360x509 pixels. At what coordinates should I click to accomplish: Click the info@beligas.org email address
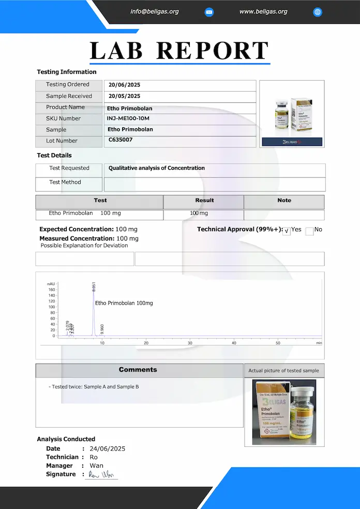(x=155, y=11)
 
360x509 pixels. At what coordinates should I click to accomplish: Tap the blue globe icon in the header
(x=318, y=12)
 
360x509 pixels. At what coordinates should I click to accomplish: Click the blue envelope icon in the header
(x=209, y=12)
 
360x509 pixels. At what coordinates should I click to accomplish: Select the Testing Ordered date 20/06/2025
(x=124, y=85)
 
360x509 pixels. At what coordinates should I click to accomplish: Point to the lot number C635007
(x=121, y=140)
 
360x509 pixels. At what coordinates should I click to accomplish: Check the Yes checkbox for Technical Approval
(x=287, y=231)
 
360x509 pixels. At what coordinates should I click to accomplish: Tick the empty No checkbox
(x=309, y=231)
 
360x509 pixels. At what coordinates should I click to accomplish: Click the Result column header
(x=204, y=200)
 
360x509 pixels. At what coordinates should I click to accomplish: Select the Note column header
(x=284, y=200)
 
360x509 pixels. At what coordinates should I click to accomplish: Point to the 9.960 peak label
(x=102, y=329)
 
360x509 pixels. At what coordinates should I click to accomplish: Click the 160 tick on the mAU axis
(x=52, y=290)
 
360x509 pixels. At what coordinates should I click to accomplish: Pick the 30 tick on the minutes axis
(x=190, y=342)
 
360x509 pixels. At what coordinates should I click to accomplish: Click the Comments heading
(x=138, y=370)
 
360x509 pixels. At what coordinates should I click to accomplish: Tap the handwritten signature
(x=101, y=474)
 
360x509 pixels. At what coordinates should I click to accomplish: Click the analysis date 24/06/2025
(x=107, y=448)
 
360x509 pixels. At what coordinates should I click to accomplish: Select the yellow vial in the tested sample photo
(x=302, y=414)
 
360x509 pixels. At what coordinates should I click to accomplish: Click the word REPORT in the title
(x=213, y=51)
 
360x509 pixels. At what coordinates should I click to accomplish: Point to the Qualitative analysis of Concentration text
(x=157, y=168)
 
